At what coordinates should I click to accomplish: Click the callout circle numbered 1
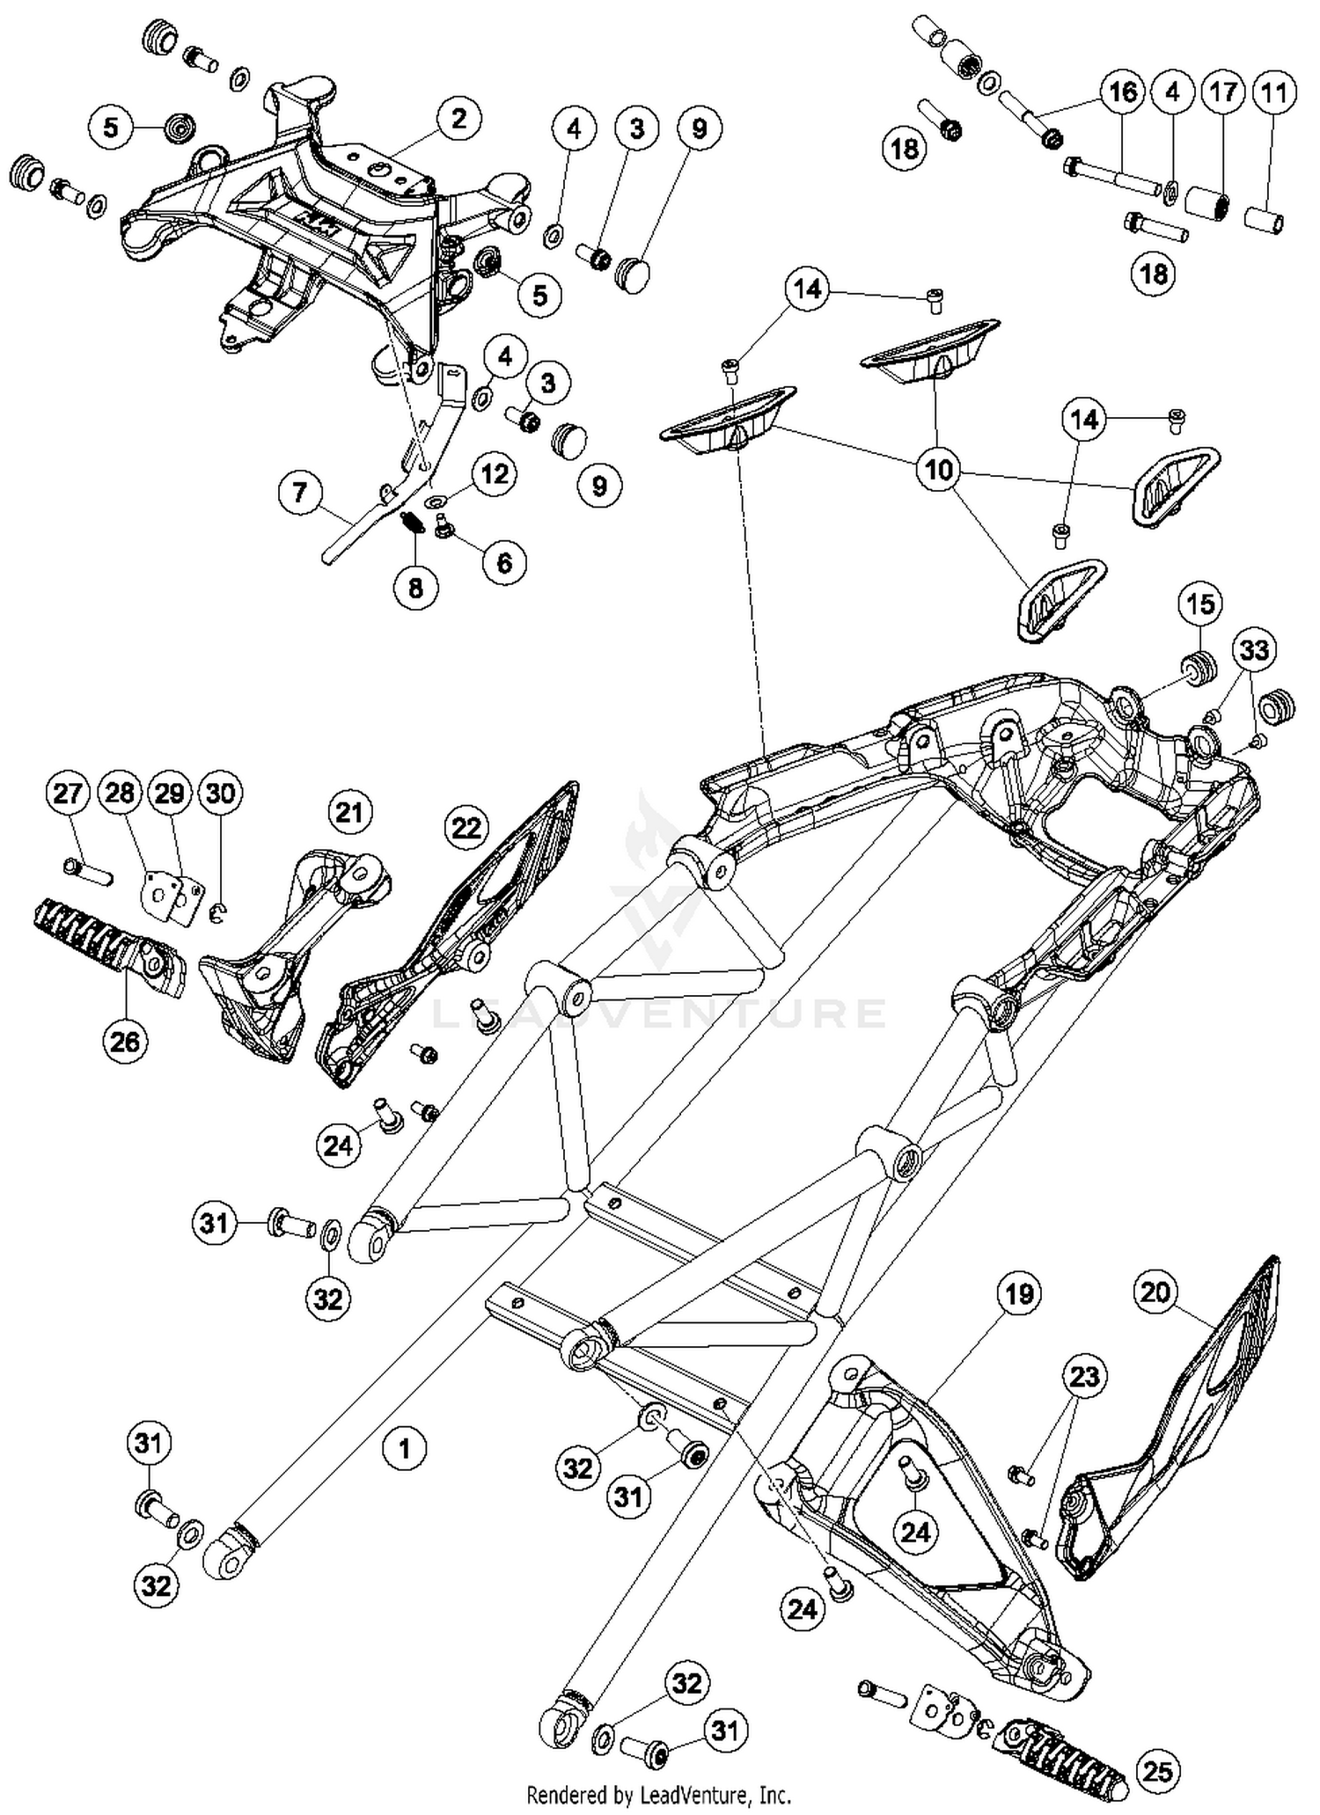click(x=404, y=1446)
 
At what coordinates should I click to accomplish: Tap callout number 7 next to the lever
click(x=300, y=492)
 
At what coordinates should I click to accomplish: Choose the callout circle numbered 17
click(x=1223, y=92)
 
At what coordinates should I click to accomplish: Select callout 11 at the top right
click(x=1274, y=92)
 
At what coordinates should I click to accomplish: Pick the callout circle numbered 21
click(x=349, y=811)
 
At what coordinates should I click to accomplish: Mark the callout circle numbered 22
click(x=466, y=827)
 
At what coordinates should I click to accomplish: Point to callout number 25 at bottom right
click(x=1157, y=1771)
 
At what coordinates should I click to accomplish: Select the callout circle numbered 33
click(x=1254, y=650)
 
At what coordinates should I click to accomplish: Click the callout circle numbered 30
click(x=220, y=794)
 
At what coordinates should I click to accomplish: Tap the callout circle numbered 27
click(x=68, y=794)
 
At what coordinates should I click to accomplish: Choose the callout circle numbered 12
click(x=495, y=474)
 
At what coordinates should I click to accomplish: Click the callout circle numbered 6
click(x=504, y=562)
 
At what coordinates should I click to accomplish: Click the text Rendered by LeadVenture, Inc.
click(x=658, y=1795)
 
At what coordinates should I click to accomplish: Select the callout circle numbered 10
click(x=938, y=470)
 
